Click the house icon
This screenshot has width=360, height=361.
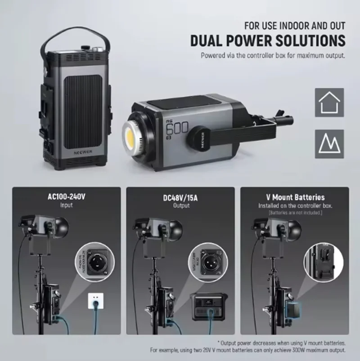click(x=329, y=103)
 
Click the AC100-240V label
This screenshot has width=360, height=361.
click(x=66, y=196)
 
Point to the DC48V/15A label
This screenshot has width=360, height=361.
click(x=180, y=197)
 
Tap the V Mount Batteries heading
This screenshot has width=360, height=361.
click(x=295, y=197)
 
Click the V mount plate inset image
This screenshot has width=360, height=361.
click(x=320, y=261)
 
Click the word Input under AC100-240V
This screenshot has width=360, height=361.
click(x=66, y=205)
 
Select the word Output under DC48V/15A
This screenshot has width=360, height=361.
click(x=180, y=205)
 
